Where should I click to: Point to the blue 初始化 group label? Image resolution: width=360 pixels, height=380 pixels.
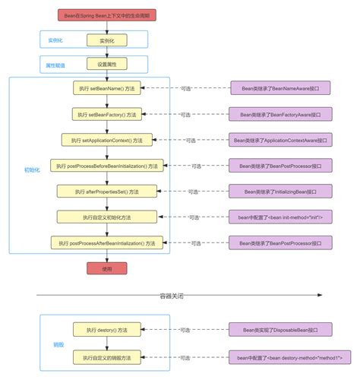point(32,169)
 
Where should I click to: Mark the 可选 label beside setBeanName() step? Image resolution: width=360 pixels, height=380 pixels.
point(186,89)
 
